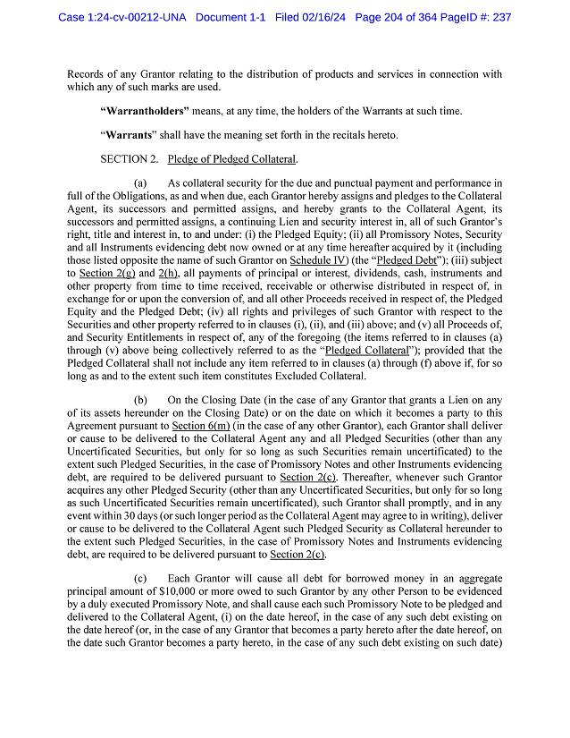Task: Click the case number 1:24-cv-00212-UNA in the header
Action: click(x=133, y=17)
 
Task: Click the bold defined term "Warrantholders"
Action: click(x=138, y=111)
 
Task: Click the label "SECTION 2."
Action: click(x=130, y=159)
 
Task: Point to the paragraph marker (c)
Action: click(x=140, y=578)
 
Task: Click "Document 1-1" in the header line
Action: click(x=230, y=17)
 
